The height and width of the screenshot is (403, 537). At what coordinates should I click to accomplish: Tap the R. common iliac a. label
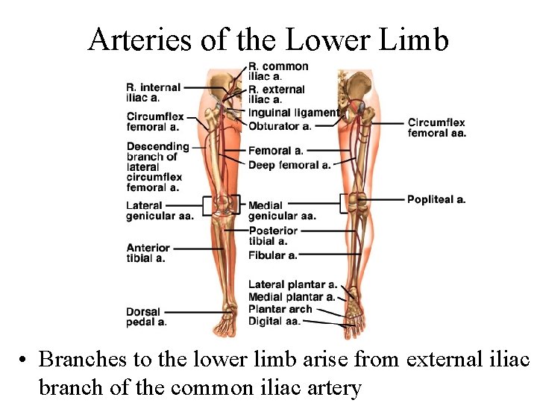277,72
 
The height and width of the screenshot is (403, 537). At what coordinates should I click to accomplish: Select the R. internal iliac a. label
154,93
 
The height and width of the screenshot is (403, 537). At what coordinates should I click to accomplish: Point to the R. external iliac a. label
276,94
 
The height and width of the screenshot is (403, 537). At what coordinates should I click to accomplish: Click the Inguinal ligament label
294,113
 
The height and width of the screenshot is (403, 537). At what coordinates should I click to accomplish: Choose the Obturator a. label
280,125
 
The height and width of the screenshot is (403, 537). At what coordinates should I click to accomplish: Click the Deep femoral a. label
289,165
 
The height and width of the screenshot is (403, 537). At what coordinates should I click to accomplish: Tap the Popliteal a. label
436,199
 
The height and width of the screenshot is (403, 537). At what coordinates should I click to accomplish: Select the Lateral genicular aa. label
160,210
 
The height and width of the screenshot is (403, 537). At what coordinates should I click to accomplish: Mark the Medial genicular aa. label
281,210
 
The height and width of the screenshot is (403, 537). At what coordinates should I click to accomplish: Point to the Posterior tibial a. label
273,236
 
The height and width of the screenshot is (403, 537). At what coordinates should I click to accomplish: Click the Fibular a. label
272,255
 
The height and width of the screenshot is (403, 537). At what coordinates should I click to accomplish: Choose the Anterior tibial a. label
148,253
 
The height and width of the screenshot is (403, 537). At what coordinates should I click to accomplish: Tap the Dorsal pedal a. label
146,317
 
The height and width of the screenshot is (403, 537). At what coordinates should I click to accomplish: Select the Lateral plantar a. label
292,284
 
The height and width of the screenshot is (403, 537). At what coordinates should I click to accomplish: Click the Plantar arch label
280,309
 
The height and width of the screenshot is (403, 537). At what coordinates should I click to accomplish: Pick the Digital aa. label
274,321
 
